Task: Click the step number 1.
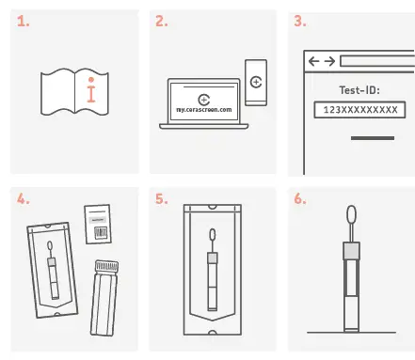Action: click(x=24, y=19)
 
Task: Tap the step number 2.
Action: click(x=162, y=19)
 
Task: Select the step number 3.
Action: click(x=300, y=19)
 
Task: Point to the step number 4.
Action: click(x=24, y=200)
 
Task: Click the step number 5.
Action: click(x=162, y=200)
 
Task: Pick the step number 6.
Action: click(x=300, y=200)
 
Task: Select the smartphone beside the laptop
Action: click(x=255, y=82)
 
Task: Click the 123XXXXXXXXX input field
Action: click(x=359, y=111)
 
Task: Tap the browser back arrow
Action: click(x=314, y=61)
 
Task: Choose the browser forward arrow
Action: click(x=328, y=61)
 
